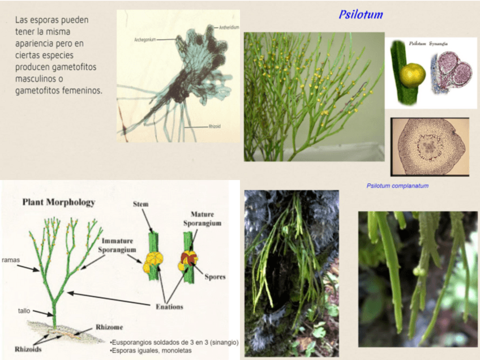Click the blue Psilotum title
click(361, 15)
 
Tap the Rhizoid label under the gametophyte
click(215, 127)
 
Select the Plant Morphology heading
click(58, 202)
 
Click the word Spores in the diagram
click(215, 277)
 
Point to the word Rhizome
click(109, 327)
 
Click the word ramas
click(11, 260)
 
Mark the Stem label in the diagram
click(140, 204)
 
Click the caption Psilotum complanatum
click(397, 186)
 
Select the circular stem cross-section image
click(430, 146)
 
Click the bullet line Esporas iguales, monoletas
click(152, 351)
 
